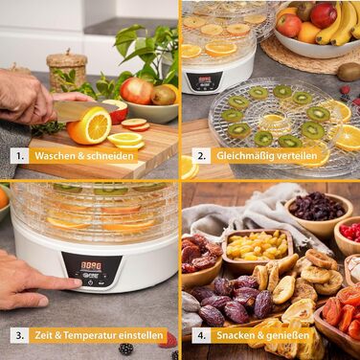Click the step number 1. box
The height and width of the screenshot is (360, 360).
[20, 156]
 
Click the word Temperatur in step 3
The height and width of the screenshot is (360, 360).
[90, 335]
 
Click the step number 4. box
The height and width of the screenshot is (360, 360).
[201, 335]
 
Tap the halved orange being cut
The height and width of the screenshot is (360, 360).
[90, 125]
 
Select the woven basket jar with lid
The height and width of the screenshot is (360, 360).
[67, 71]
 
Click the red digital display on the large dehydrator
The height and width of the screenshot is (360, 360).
[91, 266]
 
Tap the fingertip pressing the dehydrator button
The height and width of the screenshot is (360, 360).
[77, 282]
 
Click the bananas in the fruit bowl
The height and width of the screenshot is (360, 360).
[338, 22]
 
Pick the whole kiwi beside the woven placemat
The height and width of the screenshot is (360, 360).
[349, 72]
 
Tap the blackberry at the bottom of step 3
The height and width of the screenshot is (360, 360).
[126, 349]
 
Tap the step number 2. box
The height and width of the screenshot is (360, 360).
[201, 156]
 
